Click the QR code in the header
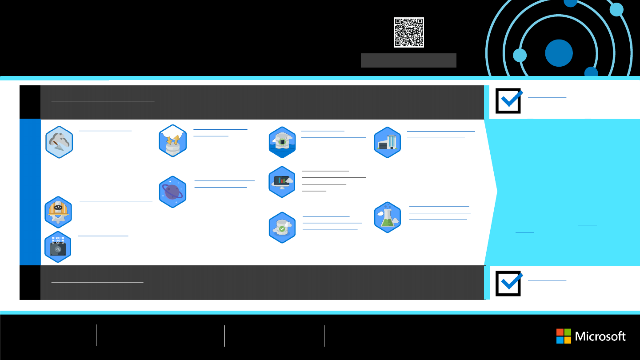coord(408,32)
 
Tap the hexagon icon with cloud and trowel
coord(59,142)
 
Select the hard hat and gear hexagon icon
coord(58,212)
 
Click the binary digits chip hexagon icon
coord(58,247)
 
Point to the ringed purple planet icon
coord(172,192)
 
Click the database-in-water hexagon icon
coord(282,142)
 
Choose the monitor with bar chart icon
coord(282,182)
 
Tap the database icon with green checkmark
coord(282,228)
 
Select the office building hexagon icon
coord(388,142)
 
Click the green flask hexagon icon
coord(388,217)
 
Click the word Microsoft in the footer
coord(600,336)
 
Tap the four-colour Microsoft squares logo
coord(564,336)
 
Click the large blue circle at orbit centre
coord(559,53)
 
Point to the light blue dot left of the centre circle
coord(520,56)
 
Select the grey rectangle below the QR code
coord(408,60)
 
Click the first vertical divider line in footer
coord(96,335)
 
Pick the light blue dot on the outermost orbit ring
coord(617,9)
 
